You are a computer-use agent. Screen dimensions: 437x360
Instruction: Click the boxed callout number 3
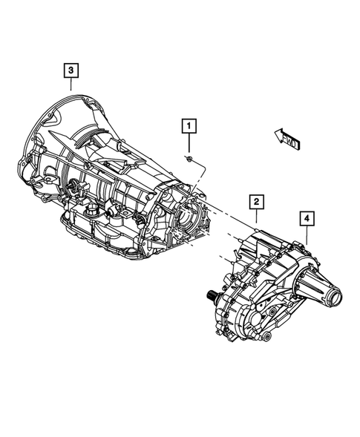[71, 70]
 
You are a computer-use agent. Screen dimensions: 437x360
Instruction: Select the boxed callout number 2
[255, 201]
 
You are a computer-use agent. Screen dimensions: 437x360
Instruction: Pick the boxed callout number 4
[306, 218]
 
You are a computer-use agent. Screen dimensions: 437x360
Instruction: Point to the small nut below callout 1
[191, 159]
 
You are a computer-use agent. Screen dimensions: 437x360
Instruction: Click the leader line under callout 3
[71, 84]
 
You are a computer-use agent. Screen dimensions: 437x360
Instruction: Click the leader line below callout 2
[255, 216]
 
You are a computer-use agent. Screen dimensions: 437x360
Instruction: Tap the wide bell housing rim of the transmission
[45, 148]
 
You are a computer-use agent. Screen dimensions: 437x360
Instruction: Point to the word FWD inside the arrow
[288, 139]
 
